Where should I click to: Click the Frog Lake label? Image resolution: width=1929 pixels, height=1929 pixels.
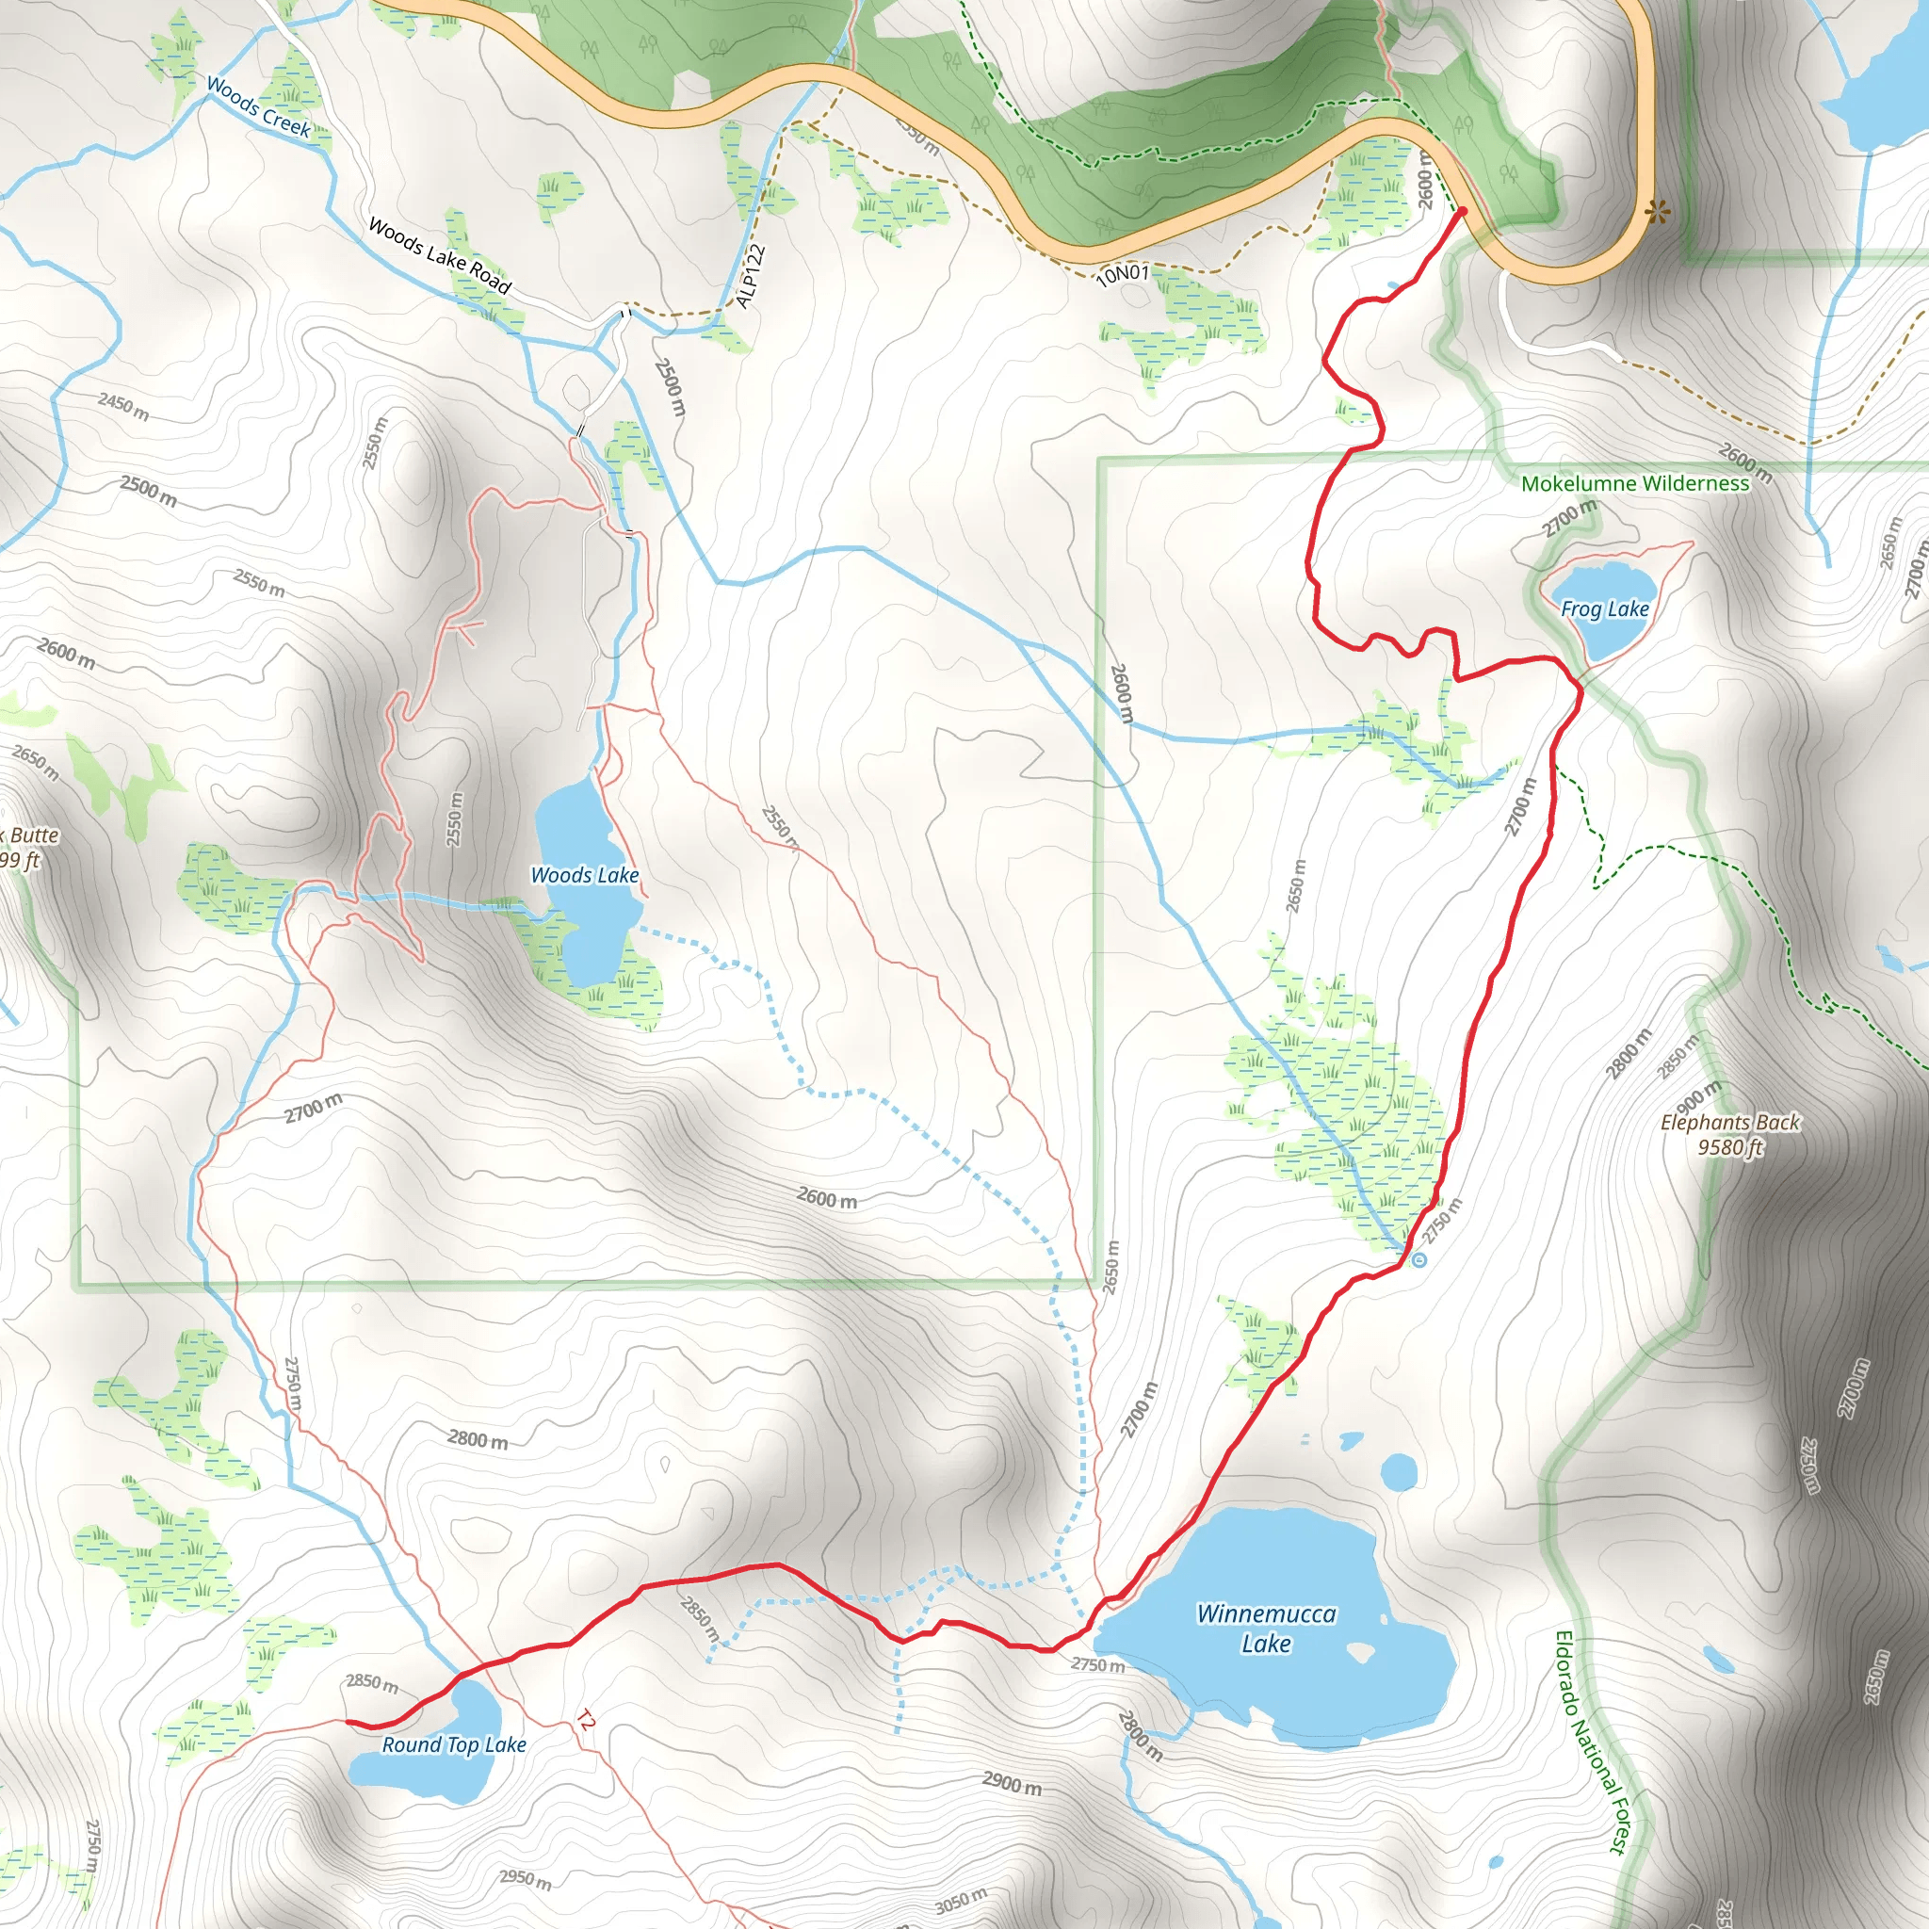(1603, 609)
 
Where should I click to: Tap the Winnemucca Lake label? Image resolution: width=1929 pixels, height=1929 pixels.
(1266, 1629)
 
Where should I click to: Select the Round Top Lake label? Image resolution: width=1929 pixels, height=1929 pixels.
(454, 1744)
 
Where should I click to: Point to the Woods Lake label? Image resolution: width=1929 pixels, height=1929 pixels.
(584, 876)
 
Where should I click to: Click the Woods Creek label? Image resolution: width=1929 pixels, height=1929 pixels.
(259, 106)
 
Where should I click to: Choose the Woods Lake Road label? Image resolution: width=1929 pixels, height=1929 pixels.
(440, 256)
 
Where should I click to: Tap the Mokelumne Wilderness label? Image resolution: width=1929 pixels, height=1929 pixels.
(1634, 484)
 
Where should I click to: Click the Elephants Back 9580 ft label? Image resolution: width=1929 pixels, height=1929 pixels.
(1730, 1135)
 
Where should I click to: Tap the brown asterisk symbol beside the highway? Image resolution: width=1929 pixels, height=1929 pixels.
(1658, 212)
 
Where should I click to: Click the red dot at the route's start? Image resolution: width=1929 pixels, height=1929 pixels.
(1462, 212)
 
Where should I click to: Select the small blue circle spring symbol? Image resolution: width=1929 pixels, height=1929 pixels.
(1418, 1261)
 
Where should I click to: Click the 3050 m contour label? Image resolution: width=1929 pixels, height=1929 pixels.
(961, 1900)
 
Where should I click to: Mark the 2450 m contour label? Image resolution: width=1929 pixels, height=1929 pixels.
(123, 406)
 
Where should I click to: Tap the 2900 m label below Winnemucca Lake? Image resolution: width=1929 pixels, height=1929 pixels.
(1012, 1782)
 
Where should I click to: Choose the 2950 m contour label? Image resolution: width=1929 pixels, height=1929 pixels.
(526, 1879)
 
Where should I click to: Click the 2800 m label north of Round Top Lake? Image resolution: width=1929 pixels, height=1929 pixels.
(478, 1440)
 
